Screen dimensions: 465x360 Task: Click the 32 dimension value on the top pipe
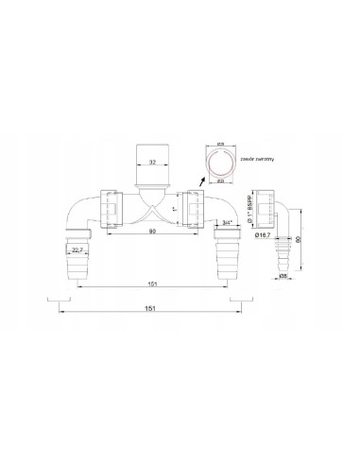(x=152, y=135)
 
